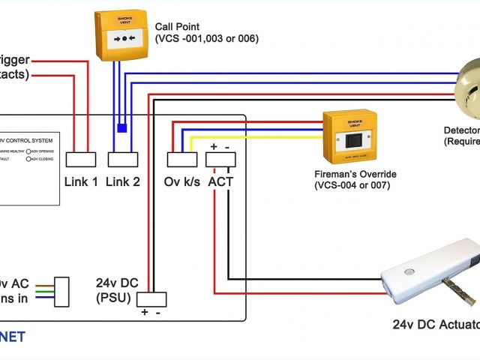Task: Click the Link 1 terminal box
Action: (81, 159)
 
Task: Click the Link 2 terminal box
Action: (123, 159)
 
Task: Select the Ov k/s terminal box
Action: (181, 159)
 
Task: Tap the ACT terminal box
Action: (221, 159)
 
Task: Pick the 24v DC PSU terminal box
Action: (150, 298)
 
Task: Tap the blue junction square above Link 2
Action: (121, 127)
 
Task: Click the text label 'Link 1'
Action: (81, 181)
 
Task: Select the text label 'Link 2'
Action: (123, 181)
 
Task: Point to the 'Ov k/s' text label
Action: (182, 181)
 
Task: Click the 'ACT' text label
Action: (221, 181)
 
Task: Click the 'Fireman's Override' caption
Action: (355, 174)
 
